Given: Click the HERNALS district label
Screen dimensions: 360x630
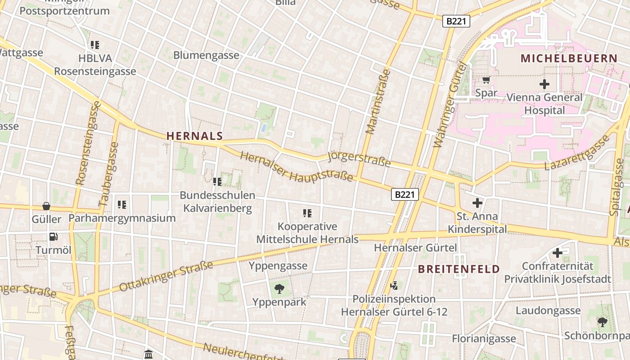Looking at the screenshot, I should tap(194, 136).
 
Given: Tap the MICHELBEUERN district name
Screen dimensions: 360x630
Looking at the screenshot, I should tap(569, 58).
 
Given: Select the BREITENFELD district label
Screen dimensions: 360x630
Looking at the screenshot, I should tap(459, 269).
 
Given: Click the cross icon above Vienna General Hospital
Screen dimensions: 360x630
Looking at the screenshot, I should tap(544, 84).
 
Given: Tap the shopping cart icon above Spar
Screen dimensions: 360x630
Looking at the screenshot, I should tap(486, 80).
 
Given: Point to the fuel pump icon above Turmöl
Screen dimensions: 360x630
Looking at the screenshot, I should tap(53, 236).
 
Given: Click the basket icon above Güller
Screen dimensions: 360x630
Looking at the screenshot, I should tap(46, 206).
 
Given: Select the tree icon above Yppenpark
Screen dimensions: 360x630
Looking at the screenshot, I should tap(279, 288).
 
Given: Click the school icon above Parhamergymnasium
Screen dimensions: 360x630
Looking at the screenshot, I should tap(121, 205).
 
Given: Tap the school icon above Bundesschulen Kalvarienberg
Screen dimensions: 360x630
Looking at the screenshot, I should tap(217, 182).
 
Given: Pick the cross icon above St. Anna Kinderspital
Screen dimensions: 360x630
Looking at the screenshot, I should tap(477, 203).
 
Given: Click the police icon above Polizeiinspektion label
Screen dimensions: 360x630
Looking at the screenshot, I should tap(394, 285).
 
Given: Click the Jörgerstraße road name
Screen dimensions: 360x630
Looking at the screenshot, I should tap(359, 159).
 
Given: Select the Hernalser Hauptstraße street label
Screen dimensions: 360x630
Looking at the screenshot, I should tap(297, 167).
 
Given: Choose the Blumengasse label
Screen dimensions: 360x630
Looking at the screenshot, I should tap(206, 55).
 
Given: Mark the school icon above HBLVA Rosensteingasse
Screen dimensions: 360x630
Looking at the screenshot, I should tap(94, 45).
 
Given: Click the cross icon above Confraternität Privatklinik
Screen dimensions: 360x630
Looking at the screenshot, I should tap(558, 253).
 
